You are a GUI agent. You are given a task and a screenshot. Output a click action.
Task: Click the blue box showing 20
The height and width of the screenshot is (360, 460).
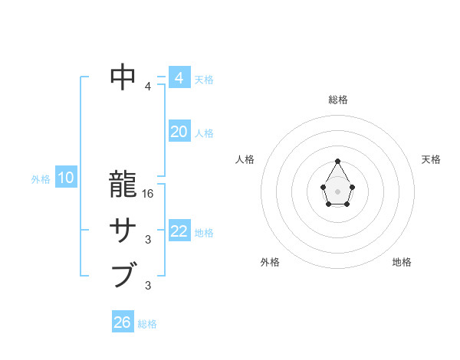pos(179,132)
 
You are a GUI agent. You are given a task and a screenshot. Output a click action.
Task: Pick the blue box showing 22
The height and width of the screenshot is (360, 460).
pos(179,231)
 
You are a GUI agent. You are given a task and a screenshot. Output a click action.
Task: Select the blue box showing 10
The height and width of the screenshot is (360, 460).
pos(65,178)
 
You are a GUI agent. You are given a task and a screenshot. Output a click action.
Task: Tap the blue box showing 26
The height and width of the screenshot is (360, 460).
pos(123,322)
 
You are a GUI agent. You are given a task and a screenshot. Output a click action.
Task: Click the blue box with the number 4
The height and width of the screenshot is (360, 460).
pos(179,78)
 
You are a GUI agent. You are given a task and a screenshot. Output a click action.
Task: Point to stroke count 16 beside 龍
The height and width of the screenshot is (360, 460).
pos(149,194)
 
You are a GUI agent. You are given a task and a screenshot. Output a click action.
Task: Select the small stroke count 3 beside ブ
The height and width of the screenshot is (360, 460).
pos(148,286)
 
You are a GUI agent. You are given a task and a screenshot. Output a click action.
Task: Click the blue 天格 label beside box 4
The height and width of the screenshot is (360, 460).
pos(204,80)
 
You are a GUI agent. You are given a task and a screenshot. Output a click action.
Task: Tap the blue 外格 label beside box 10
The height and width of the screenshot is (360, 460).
pos(40,179)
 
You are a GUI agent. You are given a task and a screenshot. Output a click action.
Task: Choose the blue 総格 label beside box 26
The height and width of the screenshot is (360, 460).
pos(147,324)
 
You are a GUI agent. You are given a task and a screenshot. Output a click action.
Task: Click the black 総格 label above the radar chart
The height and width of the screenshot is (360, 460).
pos(338,100)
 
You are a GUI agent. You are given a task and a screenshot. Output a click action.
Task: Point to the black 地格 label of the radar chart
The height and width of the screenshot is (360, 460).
pos(402,262)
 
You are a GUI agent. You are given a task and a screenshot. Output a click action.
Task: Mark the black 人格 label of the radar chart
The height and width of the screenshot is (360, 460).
pos(245,159)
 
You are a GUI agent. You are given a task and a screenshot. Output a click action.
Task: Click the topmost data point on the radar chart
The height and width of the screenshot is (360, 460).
pos(337,162)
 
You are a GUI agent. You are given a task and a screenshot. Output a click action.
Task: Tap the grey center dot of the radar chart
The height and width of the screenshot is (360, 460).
pos(337,191)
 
